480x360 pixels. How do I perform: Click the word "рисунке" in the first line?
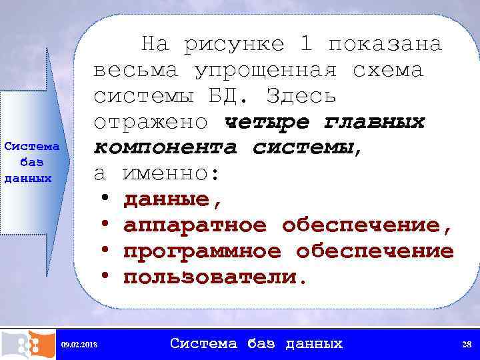click(233, 45)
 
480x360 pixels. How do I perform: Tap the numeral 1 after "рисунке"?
click(305, 44)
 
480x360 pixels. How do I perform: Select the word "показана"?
click(385, 44)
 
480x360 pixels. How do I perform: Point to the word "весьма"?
click(136, 70)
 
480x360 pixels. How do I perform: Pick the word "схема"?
click(387, 70)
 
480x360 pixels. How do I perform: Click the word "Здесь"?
click(301, 97)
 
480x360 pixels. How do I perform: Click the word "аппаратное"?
click(194, 226)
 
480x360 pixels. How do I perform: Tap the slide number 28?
click(467, 344)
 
